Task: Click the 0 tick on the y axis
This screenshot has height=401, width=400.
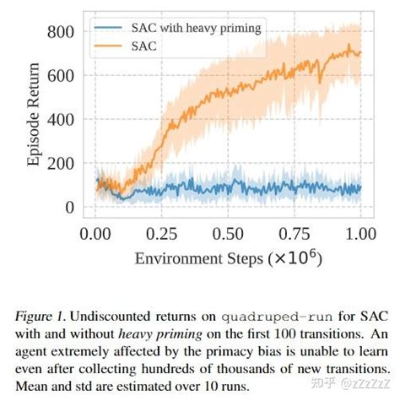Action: [x=69, y=208]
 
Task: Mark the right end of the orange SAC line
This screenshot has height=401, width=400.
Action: [x=361, y=53]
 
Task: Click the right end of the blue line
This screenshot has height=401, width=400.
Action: [x=361, y=188]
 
